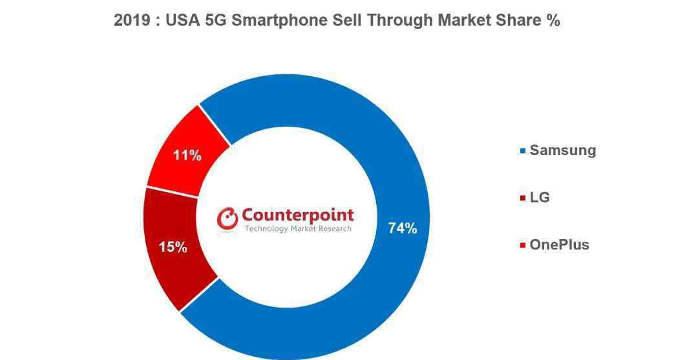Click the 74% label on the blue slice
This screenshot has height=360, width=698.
coord(403,228)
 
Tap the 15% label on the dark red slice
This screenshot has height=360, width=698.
coord(173,247)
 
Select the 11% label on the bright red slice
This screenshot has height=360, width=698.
coord(187,156)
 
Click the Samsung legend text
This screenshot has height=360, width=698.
coord(563,151)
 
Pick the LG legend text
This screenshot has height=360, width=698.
coord(540,198)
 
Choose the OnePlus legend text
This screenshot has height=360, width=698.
coord(559,245)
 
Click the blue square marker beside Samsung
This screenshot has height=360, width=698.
coord(523,151)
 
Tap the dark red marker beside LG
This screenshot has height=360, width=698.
coord(523,198)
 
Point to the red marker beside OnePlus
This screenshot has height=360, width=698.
coord(523,245)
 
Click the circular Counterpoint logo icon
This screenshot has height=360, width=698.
coord(227,219)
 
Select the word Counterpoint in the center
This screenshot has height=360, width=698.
coord(297,216)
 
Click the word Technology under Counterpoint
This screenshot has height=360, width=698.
coord(266,229)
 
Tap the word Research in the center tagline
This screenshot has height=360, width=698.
coord(337,229)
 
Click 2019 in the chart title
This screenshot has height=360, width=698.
coord(132,21)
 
